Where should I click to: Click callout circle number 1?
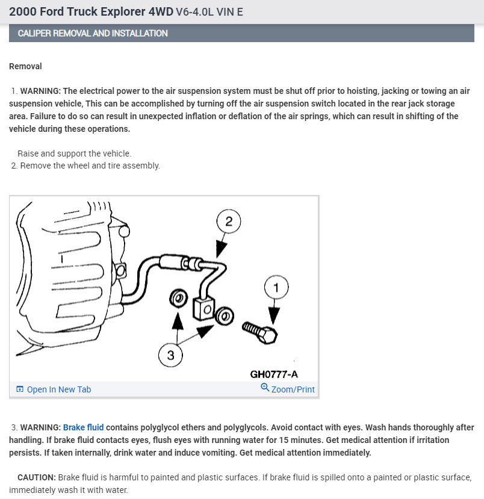(x=276, y=288)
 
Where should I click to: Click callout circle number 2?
(x=228, y=222)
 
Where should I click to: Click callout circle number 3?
(x=170, y=355)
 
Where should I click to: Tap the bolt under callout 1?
(x=261, y=330)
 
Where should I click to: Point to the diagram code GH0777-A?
(x=274, y=374)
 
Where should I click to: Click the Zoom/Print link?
(x=293, y=389)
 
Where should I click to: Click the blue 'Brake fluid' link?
(x=83, y=427)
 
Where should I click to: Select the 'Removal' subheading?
(x=25, y=66)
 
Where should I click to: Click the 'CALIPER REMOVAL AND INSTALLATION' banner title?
(x=93, y=33)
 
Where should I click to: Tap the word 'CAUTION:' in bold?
(x=37, y=477)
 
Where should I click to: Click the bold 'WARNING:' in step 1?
(x=40, y=91)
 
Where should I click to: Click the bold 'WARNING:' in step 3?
(x=40, y=427)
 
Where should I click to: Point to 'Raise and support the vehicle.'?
(x=74, y=153)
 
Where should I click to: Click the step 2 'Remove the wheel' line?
(x=90, y=166)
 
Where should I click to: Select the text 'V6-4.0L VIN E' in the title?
(x=209, y=12)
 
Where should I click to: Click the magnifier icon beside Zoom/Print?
(x=265, y=388)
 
